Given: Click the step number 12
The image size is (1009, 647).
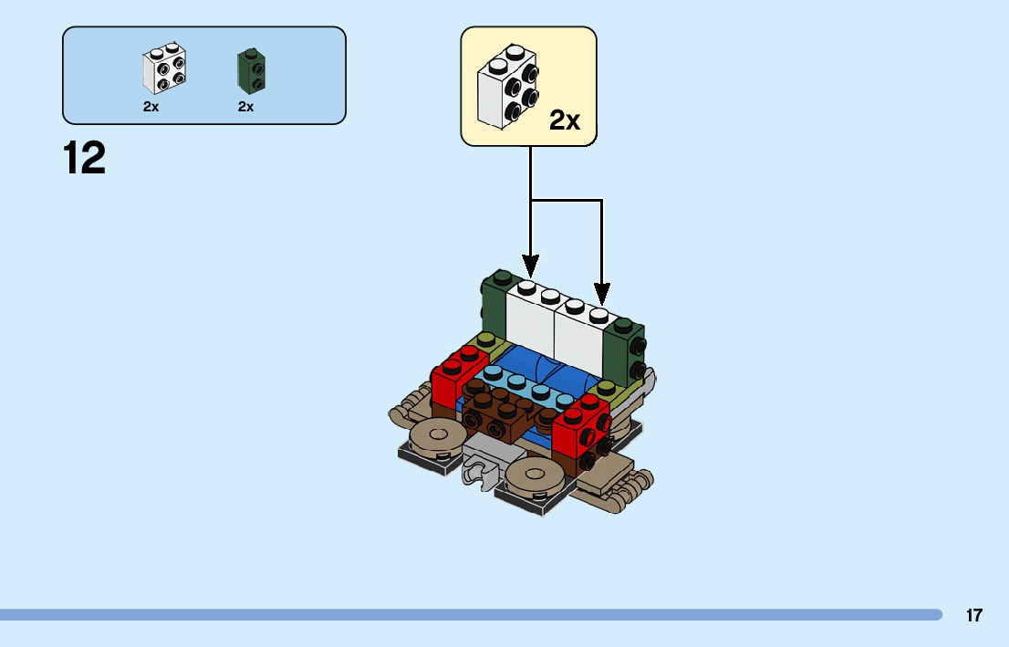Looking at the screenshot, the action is click(x=84, y=158).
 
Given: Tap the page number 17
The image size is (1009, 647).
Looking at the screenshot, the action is click(x=974, y=615).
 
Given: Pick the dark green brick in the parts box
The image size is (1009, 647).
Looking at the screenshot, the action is click(x=252, y=70).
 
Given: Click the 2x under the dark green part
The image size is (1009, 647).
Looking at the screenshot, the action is click(x=245, y=106).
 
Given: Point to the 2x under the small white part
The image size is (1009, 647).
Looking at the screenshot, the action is click(x=151, y=106).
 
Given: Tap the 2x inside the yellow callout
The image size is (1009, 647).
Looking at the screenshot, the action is click(x=565, y=120).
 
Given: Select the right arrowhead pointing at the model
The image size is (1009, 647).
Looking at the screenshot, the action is click(x=602, y=295).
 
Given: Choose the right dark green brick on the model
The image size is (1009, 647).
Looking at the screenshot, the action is click(x=625, y=351).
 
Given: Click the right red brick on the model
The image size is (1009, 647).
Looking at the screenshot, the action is click(x=582, y=430).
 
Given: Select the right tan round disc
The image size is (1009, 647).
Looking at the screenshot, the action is click(x=535, y=475).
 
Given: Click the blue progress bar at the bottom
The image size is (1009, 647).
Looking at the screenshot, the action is click(x=470, y=615).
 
